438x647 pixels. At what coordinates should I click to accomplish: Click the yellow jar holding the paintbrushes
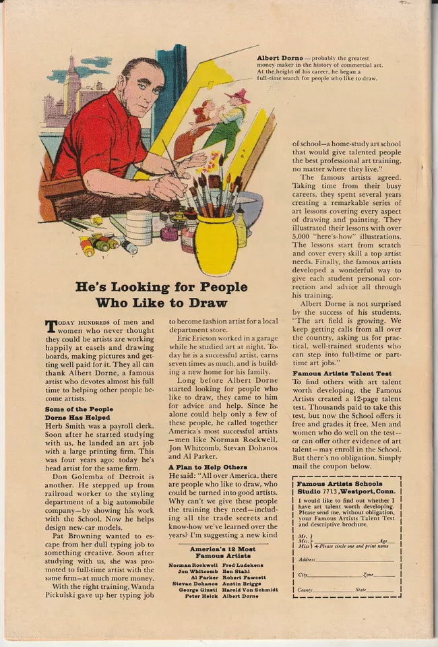tap(215, 244)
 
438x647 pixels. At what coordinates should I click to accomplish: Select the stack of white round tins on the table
tap(139, 228)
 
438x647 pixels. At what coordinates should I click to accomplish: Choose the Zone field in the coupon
tap(369, 575)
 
